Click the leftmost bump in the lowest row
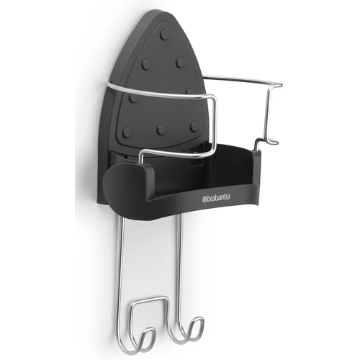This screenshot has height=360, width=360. [x=127, y=132]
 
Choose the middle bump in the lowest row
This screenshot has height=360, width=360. [x=161, y=130]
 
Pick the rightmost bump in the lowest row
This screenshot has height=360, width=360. [x=194, y=125]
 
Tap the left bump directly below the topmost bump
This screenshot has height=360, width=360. [x=146, y=64]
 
